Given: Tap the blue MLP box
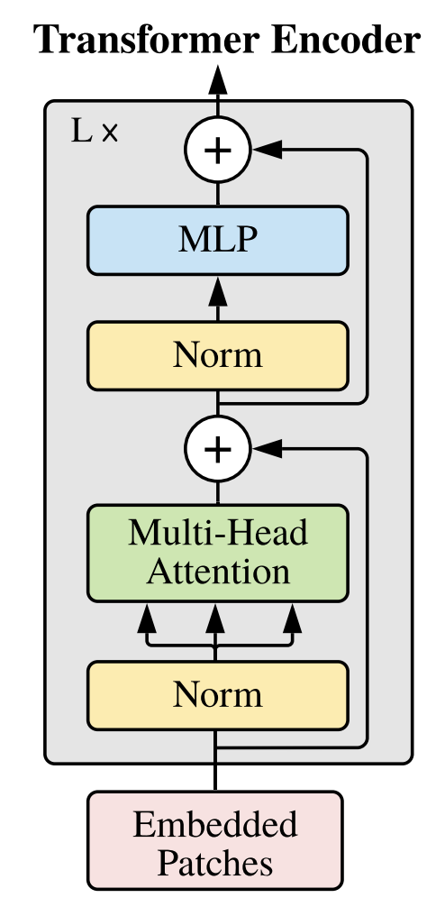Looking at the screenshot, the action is coord(218,240).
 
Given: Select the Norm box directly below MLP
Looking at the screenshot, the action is coord(218,356).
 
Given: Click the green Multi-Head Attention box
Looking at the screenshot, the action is coord(218,553).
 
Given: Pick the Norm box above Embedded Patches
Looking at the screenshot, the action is coord(218,695).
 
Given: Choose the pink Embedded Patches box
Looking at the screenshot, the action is coord(215,840).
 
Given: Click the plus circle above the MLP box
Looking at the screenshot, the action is coord(218,150).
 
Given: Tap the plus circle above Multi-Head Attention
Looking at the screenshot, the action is coord(218,449).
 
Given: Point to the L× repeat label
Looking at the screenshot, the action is coord(94,132).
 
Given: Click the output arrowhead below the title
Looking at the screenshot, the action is coord(218,78).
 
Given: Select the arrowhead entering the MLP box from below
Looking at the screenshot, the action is coord(218,290).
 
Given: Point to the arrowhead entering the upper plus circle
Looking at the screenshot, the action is coord(267,150).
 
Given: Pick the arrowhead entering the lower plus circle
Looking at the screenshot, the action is coord(267,449).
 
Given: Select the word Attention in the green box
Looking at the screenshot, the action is coord(218,572).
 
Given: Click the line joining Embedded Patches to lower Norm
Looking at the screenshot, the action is coord(215,760).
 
